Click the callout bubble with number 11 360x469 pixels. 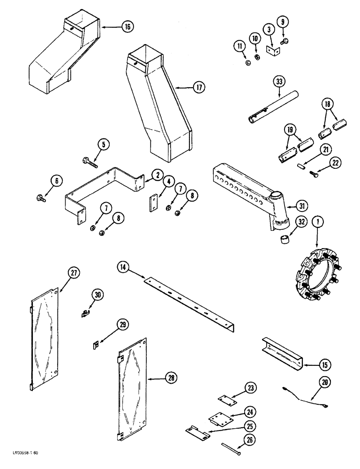tap(240, 46)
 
